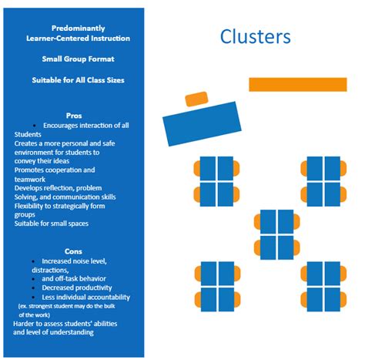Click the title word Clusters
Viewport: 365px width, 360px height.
(255, 36)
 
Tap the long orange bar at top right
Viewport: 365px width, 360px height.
(298, 84)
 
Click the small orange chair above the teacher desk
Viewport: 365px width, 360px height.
(196, 99)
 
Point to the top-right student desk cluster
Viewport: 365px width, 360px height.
(323, 180)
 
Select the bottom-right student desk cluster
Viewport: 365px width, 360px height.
(323, 284)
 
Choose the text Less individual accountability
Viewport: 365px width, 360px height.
(86, 297)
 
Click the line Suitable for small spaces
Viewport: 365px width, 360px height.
(51, 224)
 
